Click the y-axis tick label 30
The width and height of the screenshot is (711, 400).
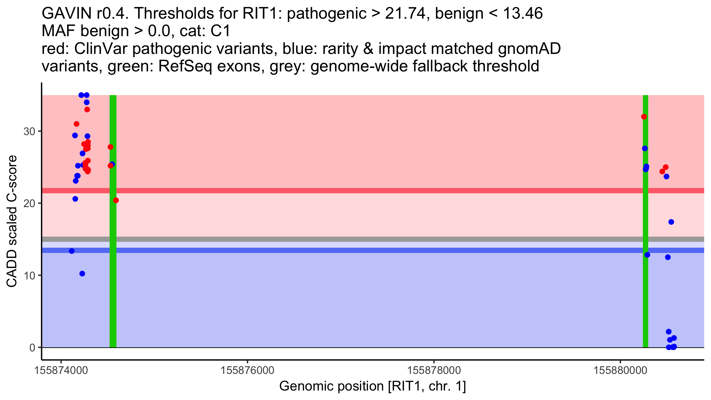click(29, 132)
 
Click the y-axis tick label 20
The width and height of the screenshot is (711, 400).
click(29, 204)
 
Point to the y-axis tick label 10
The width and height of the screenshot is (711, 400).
click(29, 276)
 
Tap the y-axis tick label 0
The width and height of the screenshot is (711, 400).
click(32, 348)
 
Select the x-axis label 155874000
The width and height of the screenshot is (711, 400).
click(61, 371)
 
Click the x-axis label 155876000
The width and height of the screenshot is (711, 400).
click(248, 371)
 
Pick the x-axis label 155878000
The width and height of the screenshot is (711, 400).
click(434, 371)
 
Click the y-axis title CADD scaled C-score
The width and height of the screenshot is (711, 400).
click(12, 221)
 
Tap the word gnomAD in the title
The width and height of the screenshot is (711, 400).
click(529, 49)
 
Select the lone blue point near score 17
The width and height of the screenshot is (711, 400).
click(671, 222)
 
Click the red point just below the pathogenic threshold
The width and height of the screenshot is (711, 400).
click(116, 201)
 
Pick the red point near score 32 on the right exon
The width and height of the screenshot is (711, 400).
click(644, 117)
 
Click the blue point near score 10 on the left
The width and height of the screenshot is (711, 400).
click(82, 273)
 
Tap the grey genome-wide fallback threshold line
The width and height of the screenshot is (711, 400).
click(355, 239)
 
